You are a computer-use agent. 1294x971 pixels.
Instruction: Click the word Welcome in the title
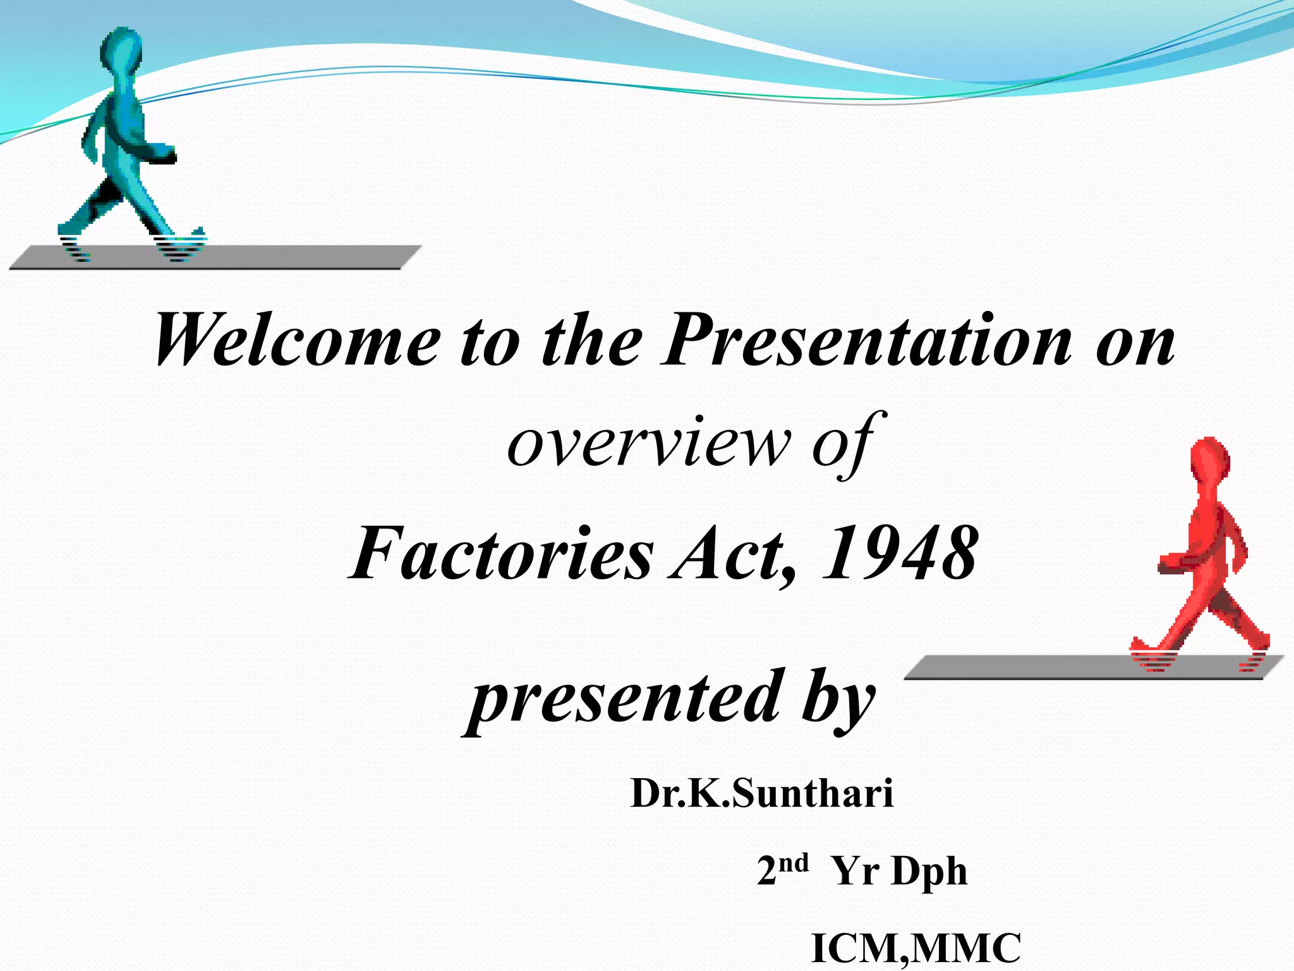point(297,341)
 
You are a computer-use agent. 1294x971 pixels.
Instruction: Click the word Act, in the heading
point(733,555)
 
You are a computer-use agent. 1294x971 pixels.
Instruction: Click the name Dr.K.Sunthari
point(762,794)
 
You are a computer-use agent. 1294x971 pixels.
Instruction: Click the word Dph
point(929,872)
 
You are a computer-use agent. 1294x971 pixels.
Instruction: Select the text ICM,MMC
point(916,948)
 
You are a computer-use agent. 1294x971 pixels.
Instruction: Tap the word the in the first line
point(591,341)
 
